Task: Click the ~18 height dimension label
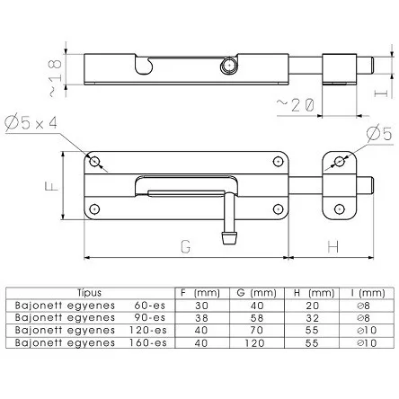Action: coord(56,78)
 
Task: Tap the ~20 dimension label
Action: coord(296,105)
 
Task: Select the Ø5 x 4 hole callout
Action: coord(31,123)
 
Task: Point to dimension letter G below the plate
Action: coord(186,247)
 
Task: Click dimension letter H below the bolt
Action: coord(333,247)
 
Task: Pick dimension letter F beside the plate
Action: coord(52,185)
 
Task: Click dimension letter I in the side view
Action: coord(381,93)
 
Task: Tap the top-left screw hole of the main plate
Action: coord(94,162)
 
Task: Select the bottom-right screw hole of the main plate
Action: coord(279,208)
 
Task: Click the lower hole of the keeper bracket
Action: coord(339,208)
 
